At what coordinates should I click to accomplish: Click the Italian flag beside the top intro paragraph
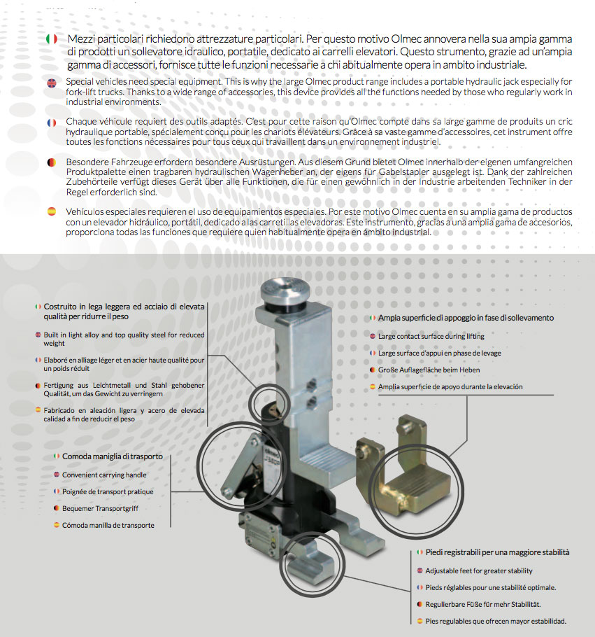[x=51, y=38]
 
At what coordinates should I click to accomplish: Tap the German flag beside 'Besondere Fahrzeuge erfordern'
[x=51, y=161]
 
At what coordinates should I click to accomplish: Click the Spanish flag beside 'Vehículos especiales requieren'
[x=51, y=211]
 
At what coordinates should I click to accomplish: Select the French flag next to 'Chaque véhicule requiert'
[x=51, y=122]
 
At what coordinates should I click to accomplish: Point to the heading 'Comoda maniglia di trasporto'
[x=112, y=456]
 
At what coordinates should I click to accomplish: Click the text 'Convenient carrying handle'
[x=105, y=475]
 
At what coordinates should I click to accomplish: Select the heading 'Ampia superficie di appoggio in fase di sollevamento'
[x=466, y=318]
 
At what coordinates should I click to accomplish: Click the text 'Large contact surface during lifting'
[x=431, y=336]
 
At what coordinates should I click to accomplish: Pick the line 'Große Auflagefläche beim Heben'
[x=429, y=370]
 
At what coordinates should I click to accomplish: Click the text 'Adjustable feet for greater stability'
[x=479, y=570]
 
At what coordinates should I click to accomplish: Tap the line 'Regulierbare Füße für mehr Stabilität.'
[x=483, y=603]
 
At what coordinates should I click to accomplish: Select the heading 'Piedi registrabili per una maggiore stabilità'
[x=497, y=552]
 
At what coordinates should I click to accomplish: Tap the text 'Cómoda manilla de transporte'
[x=108, y=525]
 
